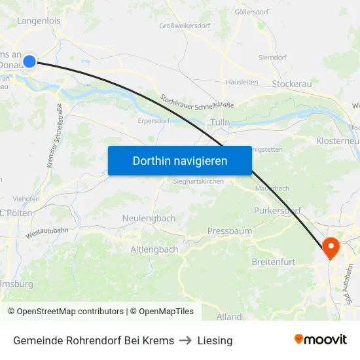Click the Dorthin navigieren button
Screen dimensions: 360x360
coord(179,160)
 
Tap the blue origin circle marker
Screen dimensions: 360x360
coord(29,62)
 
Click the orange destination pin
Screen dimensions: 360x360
coord(331,248)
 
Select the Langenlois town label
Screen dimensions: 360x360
coord(39,20)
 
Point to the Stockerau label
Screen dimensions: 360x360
coord(292,84)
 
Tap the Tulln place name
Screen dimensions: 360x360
coord(220,122)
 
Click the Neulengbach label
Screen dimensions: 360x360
coord(149,218)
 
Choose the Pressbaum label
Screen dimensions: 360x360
coord(225,231)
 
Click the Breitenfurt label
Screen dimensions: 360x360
coord(274,262)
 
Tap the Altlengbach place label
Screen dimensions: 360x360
coord(154,249)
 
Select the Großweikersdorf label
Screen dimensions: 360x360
coord(185,26)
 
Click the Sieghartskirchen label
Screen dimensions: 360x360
coord(199,180)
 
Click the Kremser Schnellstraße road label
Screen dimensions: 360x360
coord(54,136)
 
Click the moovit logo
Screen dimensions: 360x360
coord(321,339)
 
